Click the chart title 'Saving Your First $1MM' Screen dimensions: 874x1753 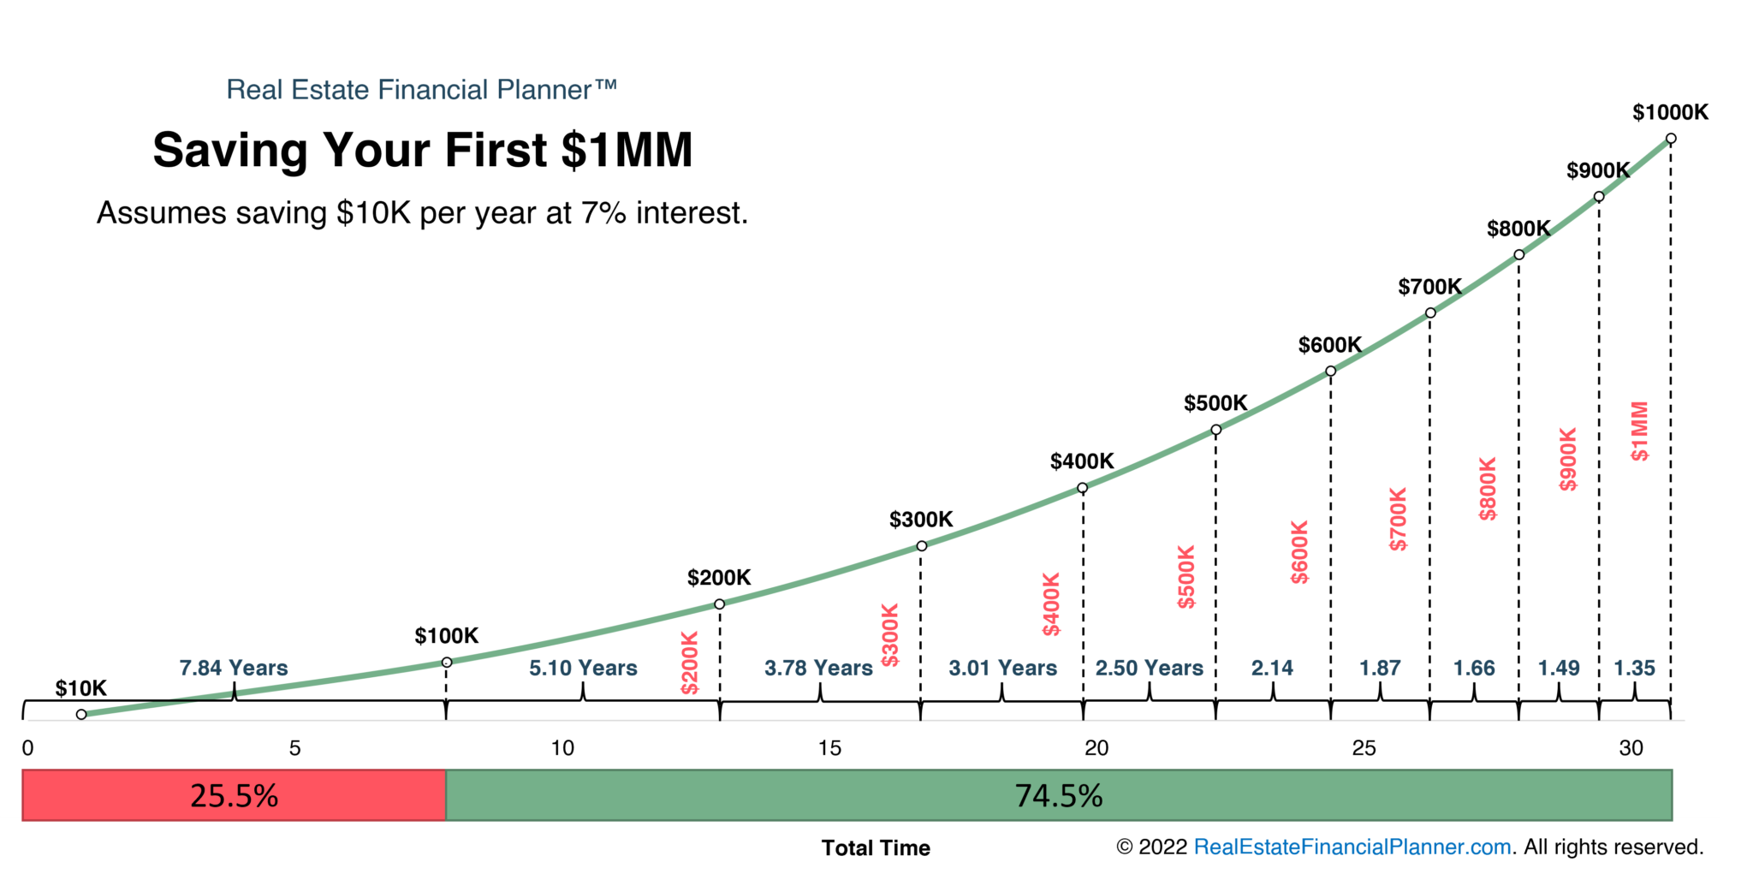pos(422,151)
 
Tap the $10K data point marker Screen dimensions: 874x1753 pos(81,714)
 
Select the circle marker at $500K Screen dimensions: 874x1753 pos(1215,430)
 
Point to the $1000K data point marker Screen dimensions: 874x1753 pos(1671,139)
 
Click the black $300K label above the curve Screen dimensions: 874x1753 pos(921,520)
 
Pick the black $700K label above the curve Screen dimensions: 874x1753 pos(1429,287)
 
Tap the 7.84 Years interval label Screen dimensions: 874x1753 pos(234,668)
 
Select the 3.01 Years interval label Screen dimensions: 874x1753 pos(1002,668)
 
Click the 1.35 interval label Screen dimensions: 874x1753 pos(1634,668)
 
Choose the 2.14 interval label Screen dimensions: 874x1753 pos(1272,668)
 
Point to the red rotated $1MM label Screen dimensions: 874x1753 pos(1639,431)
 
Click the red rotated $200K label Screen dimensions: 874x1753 pos(690,663)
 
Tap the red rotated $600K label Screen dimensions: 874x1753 pos(1299,552)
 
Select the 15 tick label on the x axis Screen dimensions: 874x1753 pos(829,748)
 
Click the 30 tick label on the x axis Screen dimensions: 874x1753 pos(1631,748)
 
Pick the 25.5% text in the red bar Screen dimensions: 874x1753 pos(234,796)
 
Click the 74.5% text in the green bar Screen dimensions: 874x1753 pos(1059,796)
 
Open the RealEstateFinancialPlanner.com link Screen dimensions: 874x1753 pos(1352,847)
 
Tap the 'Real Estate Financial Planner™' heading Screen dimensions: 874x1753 pos(421,90)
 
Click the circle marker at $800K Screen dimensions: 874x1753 pos(1518,254)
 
